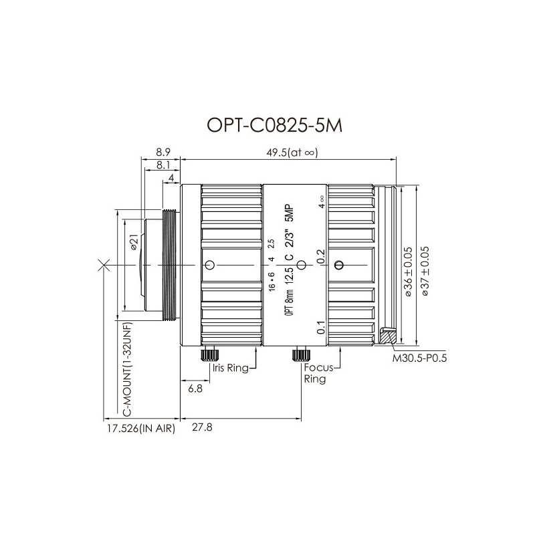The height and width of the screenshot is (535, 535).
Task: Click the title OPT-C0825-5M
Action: click(274, 126)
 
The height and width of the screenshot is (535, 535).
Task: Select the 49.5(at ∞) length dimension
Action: click(292, 152)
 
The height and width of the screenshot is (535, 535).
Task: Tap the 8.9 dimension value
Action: click(163, 152)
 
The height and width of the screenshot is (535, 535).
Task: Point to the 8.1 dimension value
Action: click(163, 165)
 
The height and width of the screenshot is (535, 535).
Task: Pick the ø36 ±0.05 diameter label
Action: click(408, 272)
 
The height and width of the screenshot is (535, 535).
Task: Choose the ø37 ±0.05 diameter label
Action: click(425, 272)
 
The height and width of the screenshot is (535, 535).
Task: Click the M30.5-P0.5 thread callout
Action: click(419, 358)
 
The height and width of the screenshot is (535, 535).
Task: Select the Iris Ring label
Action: click(230, 368)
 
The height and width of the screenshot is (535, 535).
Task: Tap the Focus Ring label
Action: click(318, 373)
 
